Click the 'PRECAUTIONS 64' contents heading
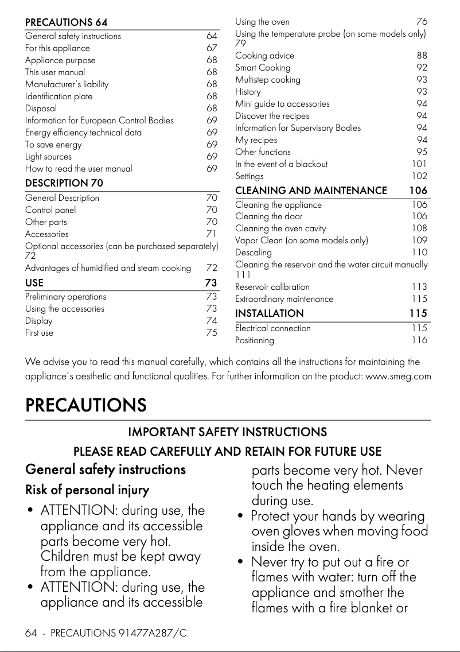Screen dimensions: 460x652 pyautogui.click(x=66, y=22)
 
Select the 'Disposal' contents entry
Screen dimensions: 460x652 pyautogui.click(x=41, y=108)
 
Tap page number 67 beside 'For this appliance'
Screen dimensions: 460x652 pyautogui.click(x=212, y=48)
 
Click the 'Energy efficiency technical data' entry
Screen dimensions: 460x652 pyautogui.click(x=83, y=133)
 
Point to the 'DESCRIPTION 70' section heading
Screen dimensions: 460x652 pyautogui.click(x=64, y=184)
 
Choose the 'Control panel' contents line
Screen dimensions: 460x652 pyautogui.click(x=50, y=210)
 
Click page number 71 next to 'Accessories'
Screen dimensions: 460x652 pyautogui.click(x=212, y=234)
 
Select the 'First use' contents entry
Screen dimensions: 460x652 pyautogui.click(x=39, y=333)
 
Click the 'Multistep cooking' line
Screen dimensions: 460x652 pyautogui.click(x=268, y=80)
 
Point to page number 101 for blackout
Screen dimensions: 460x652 pyautogui.click(x=419, y=164)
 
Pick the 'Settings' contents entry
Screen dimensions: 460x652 pyautogui.click(x=250, y=176)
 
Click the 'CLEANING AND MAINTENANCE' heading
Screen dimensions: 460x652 pyautogui.click(x=311, y=191)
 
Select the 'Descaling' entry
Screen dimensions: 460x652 pyautogui.click(x=254, y=253)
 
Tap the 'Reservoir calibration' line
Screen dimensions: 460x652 pyautogui.click(x=272, y=287)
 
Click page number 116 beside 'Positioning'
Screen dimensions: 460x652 pyautogui.click(x=419, y=340)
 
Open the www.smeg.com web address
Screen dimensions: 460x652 pyautogui.click(x=398, y=377)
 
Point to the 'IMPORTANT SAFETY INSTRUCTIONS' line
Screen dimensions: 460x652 pyautogui.click(x=227, y=432)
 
